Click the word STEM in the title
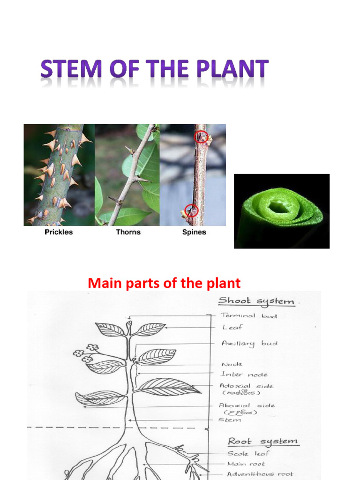click(70, 70)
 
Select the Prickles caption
click(59, 232)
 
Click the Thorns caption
click(128, 232)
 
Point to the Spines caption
click(194, 232)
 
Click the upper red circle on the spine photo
click(202, 136)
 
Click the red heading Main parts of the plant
click(164, 283)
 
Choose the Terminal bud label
click(249, 316)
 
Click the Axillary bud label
click(249, 344)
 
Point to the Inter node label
click(244, 375)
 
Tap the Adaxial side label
click(247, 386)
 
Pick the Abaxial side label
click(247, 405)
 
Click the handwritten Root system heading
click(262, 442)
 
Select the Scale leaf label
click(248, 454)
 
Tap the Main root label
click(246, 464)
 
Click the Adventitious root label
click(261, 474)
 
